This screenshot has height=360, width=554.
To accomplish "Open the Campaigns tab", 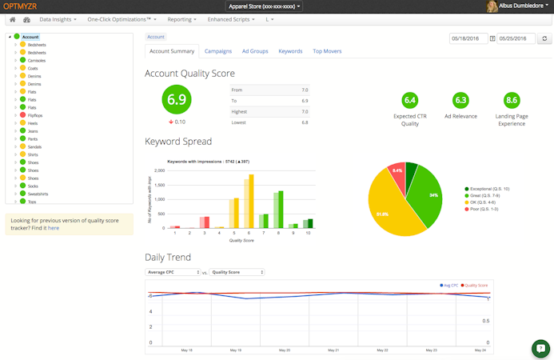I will click(218, 51).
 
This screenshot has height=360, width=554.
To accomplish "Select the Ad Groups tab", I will click(255, 51).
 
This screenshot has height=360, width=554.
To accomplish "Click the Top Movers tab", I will click(327, 51).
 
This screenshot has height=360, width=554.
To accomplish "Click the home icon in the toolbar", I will click(13, 18).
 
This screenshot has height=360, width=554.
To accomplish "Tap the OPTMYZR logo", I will click(20, 6).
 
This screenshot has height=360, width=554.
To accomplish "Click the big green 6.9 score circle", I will click(177, 100).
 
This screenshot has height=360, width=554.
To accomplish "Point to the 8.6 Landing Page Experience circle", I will click(512, 100).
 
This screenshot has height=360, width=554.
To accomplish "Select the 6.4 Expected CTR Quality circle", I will click(410, 100).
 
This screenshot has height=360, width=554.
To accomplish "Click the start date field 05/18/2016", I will click(468, 38).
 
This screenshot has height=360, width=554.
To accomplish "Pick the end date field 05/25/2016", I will click(516, 38).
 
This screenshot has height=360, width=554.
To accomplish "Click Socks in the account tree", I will click(34, 186).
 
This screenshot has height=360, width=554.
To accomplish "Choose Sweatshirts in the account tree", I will click(39, 194).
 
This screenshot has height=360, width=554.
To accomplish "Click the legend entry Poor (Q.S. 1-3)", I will click(484, 209).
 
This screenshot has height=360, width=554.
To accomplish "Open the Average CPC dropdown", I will click(173, 272).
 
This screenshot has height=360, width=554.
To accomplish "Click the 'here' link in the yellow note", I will click(54, 228).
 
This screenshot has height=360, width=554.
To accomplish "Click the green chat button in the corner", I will click(540, 348).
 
